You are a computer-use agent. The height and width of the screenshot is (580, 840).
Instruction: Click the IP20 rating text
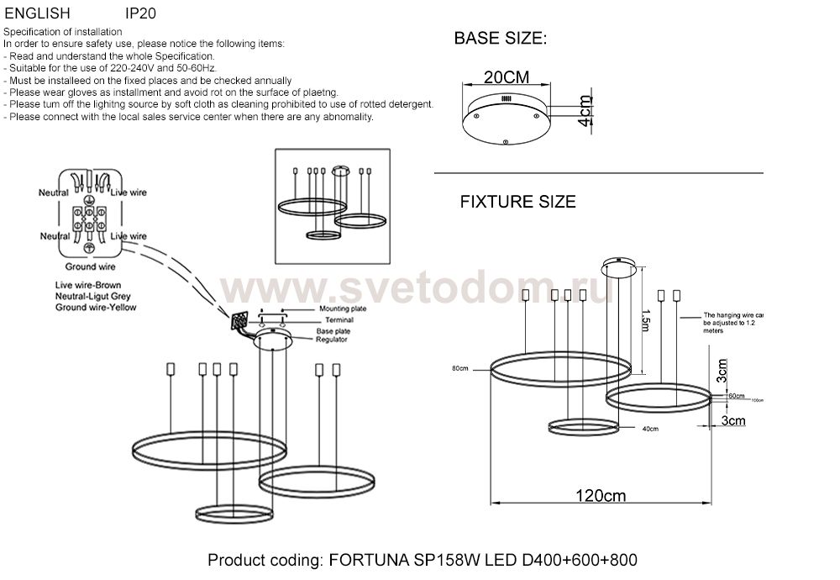click(140, 14)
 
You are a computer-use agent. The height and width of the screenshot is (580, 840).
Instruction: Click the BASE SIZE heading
click(501, 39)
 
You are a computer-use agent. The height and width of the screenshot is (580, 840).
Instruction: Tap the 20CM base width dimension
click(507, 76)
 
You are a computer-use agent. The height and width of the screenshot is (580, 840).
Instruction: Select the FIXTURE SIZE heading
click(517, 202)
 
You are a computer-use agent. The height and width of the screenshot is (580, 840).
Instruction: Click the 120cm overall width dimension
click(602, 495)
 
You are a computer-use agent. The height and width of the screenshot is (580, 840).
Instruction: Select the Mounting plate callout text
click(342, 309)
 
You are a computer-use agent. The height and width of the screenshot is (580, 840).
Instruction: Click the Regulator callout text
click(333, 340)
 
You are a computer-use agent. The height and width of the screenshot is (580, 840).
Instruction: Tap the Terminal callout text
click(334, 320)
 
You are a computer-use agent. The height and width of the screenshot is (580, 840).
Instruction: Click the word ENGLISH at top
click(32, 14)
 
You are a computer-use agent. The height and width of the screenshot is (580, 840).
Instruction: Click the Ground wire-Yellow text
click(96, 308)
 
